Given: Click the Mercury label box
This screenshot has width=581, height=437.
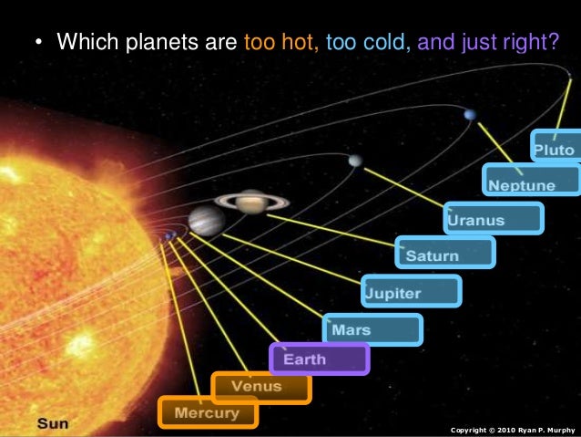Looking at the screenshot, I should tap(208, 412).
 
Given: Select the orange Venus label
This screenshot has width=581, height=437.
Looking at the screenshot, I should tap(260, 387).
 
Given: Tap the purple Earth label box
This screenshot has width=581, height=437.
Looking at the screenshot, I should tap(319, 359).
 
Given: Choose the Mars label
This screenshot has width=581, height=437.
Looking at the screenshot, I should tap(372, 329).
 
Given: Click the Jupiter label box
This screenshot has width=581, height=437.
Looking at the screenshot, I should tap(411, 292).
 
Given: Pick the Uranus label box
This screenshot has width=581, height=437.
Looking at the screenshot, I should tap(494, 219).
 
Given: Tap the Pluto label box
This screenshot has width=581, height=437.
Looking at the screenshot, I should tap(556, 147).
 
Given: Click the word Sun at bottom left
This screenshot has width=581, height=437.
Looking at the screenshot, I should tap(52, 421).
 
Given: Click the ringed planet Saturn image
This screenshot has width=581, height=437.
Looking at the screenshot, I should tap(251, 201).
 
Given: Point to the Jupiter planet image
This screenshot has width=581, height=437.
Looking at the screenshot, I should tap(207, 220).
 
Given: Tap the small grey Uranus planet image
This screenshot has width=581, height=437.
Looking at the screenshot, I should tap(354, 161).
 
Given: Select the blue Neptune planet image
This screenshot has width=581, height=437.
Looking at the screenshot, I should tap(469, 114).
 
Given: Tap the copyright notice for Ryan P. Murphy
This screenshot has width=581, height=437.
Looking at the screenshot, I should tap(513, 429).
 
